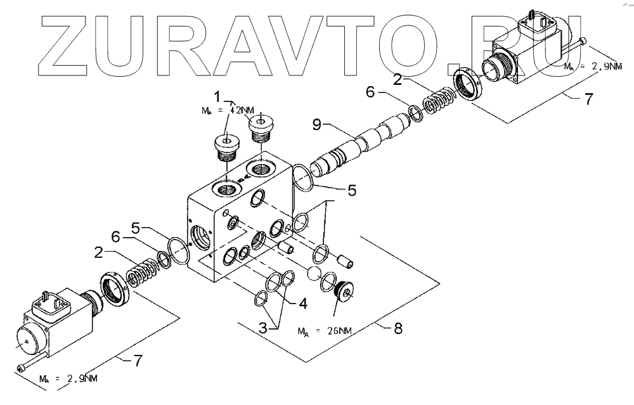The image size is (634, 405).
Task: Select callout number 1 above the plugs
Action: coord(217,96)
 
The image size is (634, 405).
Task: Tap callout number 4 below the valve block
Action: coord(304,303)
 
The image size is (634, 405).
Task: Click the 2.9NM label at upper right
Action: coord(586,66)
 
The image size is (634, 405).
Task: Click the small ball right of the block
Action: coord(313,273)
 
